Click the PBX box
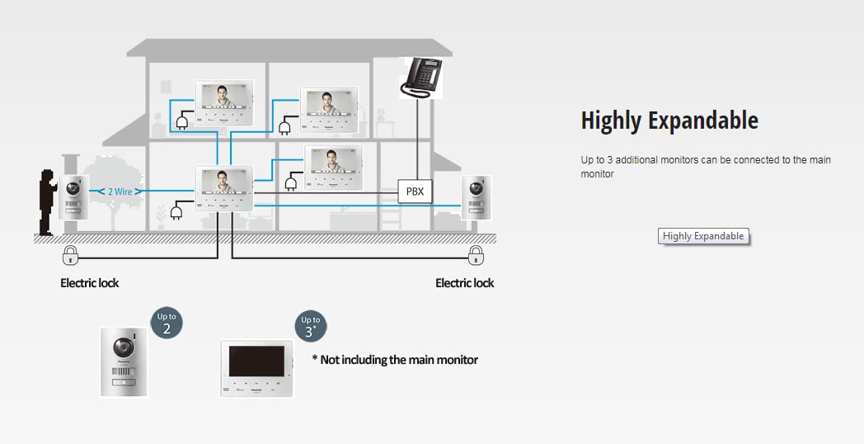415,191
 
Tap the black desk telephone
420,77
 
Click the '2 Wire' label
120,191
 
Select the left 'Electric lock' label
89,283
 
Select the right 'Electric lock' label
464,283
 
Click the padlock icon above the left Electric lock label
71,254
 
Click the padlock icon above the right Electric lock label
476,254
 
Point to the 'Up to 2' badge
167,323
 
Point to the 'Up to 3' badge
311,326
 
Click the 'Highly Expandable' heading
669,120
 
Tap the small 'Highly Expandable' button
703,236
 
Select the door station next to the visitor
73,199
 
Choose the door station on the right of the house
477,199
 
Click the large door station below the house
124,361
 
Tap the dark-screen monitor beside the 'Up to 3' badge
256,368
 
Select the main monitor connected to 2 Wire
224,188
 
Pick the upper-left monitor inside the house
223,104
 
